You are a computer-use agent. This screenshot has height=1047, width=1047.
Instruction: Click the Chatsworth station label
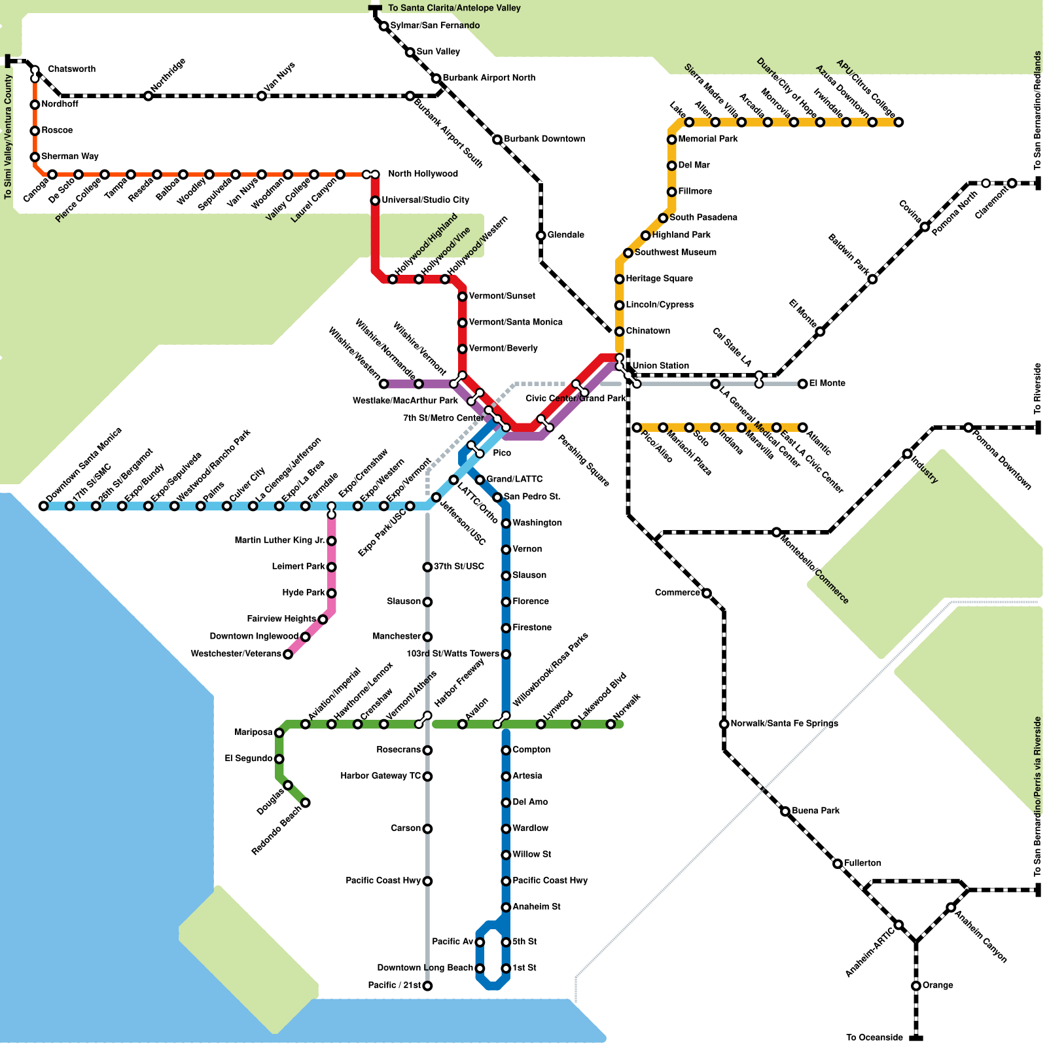point(72,69)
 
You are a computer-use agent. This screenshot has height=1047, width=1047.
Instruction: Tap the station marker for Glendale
point(541,236)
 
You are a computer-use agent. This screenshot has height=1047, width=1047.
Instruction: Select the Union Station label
point(660,366)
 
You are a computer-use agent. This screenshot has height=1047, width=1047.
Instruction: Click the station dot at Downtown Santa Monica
point(43,506)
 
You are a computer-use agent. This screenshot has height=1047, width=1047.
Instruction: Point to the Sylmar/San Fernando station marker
point(384,26)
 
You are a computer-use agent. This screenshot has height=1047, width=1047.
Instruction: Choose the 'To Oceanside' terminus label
point(874,1037)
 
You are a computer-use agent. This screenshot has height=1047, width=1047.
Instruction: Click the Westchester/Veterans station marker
point(288,654)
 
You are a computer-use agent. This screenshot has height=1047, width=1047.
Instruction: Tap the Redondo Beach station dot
point(305,803)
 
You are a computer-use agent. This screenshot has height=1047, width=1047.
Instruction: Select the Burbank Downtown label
point(544,139)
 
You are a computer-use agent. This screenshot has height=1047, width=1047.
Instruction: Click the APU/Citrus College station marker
point(898,122)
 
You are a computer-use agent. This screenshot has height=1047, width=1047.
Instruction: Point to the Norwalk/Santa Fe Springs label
point(784,724)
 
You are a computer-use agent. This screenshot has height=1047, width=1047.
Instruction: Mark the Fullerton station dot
point(838,864)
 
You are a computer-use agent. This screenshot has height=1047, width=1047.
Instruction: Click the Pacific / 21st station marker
point(427,986)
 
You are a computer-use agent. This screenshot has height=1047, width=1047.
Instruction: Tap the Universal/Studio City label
point(425,200)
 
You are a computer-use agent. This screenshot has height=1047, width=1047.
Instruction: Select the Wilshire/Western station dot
point(384,384)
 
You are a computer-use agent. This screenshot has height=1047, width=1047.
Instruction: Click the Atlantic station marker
point(802,427)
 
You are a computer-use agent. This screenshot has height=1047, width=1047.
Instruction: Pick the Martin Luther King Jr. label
point(280,541)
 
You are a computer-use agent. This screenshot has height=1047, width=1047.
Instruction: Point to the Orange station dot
point(916,986)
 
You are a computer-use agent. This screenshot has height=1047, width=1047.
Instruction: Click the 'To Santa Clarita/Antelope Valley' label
point(455,8)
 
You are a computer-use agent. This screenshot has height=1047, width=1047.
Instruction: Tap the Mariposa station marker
point(279,733)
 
